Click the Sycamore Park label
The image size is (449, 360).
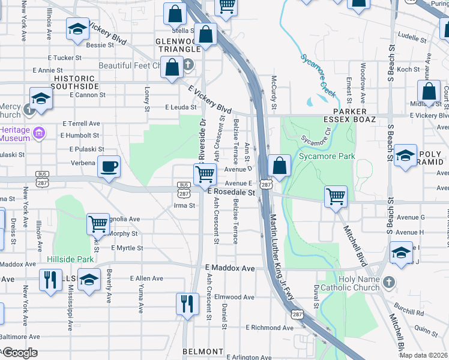(x=329, y=157)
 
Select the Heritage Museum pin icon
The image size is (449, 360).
(x=40, y=132)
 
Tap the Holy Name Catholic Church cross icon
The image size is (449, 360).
(x=389, y=281)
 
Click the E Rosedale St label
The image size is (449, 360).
(x=232, y=193)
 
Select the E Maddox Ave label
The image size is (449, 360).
(x=230, y=268)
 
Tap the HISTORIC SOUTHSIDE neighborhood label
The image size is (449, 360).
(x=75, y=83)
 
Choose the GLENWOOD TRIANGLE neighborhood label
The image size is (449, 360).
(x=178, y=44)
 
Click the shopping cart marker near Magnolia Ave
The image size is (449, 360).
(x=98, y=224)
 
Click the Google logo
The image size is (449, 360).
(x=19, y=353)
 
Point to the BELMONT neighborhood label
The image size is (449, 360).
(x=203, y=351)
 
